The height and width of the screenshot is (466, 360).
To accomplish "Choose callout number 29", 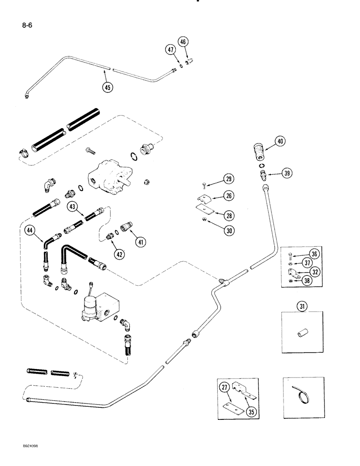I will coord(228,179).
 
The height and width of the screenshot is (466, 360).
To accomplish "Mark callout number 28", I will coord(228,215).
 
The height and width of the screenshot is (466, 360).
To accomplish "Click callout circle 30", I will coord(228,230).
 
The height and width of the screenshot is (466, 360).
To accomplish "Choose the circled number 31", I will coord(303,306).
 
